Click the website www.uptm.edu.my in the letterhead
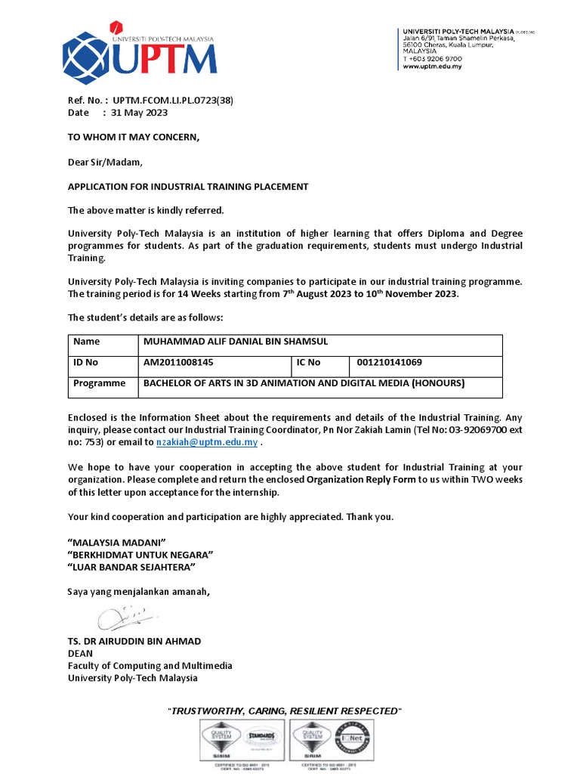point(432,67)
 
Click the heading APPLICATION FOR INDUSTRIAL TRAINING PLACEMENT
point(188,187)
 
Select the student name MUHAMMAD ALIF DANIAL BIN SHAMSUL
point(236,342)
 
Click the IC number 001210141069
point(390,363)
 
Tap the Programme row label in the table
point(100,383)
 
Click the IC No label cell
point(309,363)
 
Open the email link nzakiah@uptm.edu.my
point(207,442)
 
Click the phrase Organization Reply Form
point(361,480)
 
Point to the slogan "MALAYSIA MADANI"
point(117,543)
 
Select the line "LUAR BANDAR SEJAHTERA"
point(131,567)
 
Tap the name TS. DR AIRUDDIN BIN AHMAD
point(134,641)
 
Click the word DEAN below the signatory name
point(81,653)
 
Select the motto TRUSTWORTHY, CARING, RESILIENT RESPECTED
point(283,711)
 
